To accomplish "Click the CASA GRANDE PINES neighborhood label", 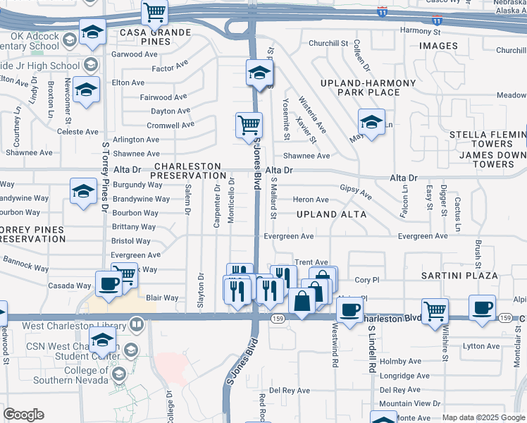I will [145, 37].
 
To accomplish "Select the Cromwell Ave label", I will [170, 125].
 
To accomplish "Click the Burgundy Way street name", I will [137, 185].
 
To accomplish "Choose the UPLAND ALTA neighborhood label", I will [331, 214].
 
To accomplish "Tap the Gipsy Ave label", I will [356, 190].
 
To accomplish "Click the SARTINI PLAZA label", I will [459, 276].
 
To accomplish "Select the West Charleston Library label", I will [73, 326].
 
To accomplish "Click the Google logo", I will [23, 415].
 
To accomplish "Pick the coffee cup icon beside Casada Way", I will [108, 283].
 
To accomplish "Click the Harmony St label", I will [420, 31].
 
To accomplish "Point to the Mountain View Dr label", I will [409, 404].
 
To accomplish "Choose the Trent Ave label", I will [311, 262].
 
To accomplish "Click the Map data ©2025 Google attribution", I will [483, 417].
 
